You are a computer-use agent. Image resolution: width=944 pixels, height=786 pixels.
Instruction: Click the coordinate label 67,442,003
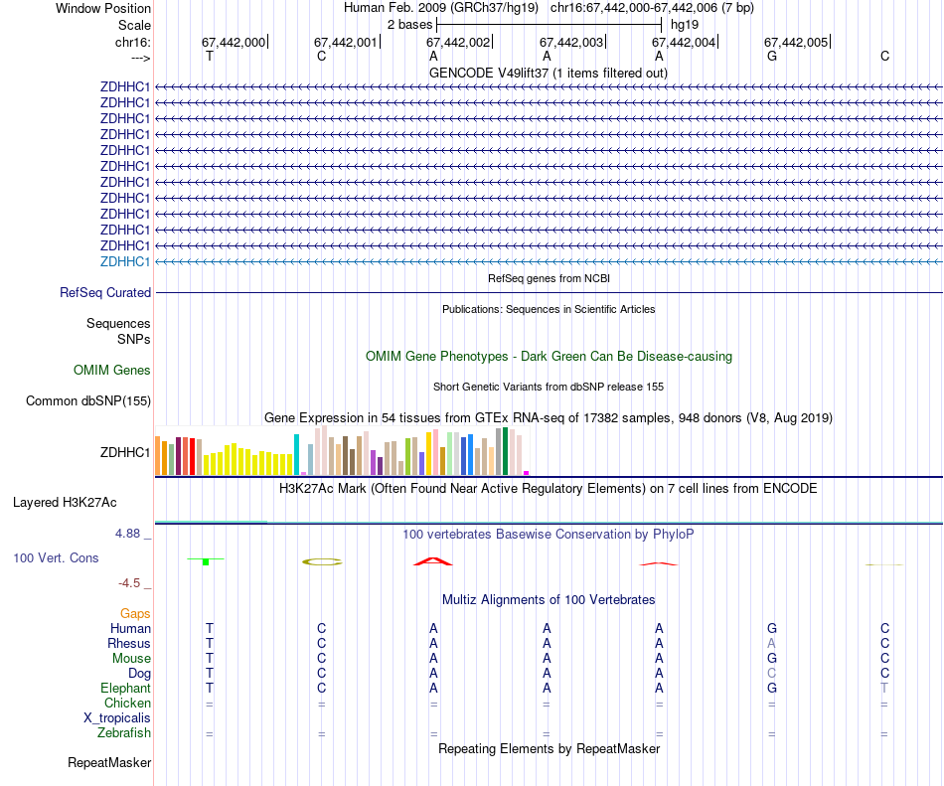(571, 43)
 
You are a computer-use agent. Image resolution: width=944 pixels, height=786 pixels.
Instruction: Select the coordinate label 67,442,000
(234, 43)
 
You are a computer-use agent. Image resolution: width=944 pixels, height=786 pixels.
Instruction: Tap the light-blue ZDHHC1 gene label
(125, 261)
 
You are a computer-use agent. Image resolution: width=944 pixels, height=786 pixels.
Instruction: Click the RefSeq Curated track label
(105, 293)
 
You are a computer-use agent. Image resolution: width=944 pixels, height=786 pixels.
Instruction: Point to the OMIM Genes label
(112, 371)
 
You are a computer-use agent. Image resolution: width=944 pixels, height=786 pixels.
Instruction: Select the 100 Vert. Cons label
(56, 558)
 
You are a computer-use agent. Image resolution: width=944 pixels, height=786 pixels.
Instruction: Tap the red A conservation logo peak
(433, 561)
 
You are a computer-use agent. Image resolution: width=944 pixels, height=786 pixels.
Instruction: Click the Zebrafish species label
(124, 733)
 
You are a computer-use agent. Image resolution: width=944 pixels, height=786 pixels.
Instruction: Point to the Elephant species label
(125, 688)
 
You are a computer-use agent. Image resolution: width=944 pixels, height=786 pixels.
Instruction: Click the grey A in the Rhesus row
(771, 643)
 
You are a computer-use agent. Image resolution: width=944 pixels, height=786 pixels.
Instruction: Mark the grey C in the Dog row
(771, 673)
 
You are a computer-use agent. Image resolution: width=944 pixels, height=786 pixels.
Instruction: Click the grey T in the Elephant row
(884, 688)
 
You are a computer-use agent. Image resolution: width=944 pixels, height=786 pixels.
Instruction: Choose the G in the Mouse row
(771, 658)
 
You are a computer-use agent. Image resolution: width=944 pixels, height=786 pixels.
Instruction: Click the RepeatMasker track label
(109, 763)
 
